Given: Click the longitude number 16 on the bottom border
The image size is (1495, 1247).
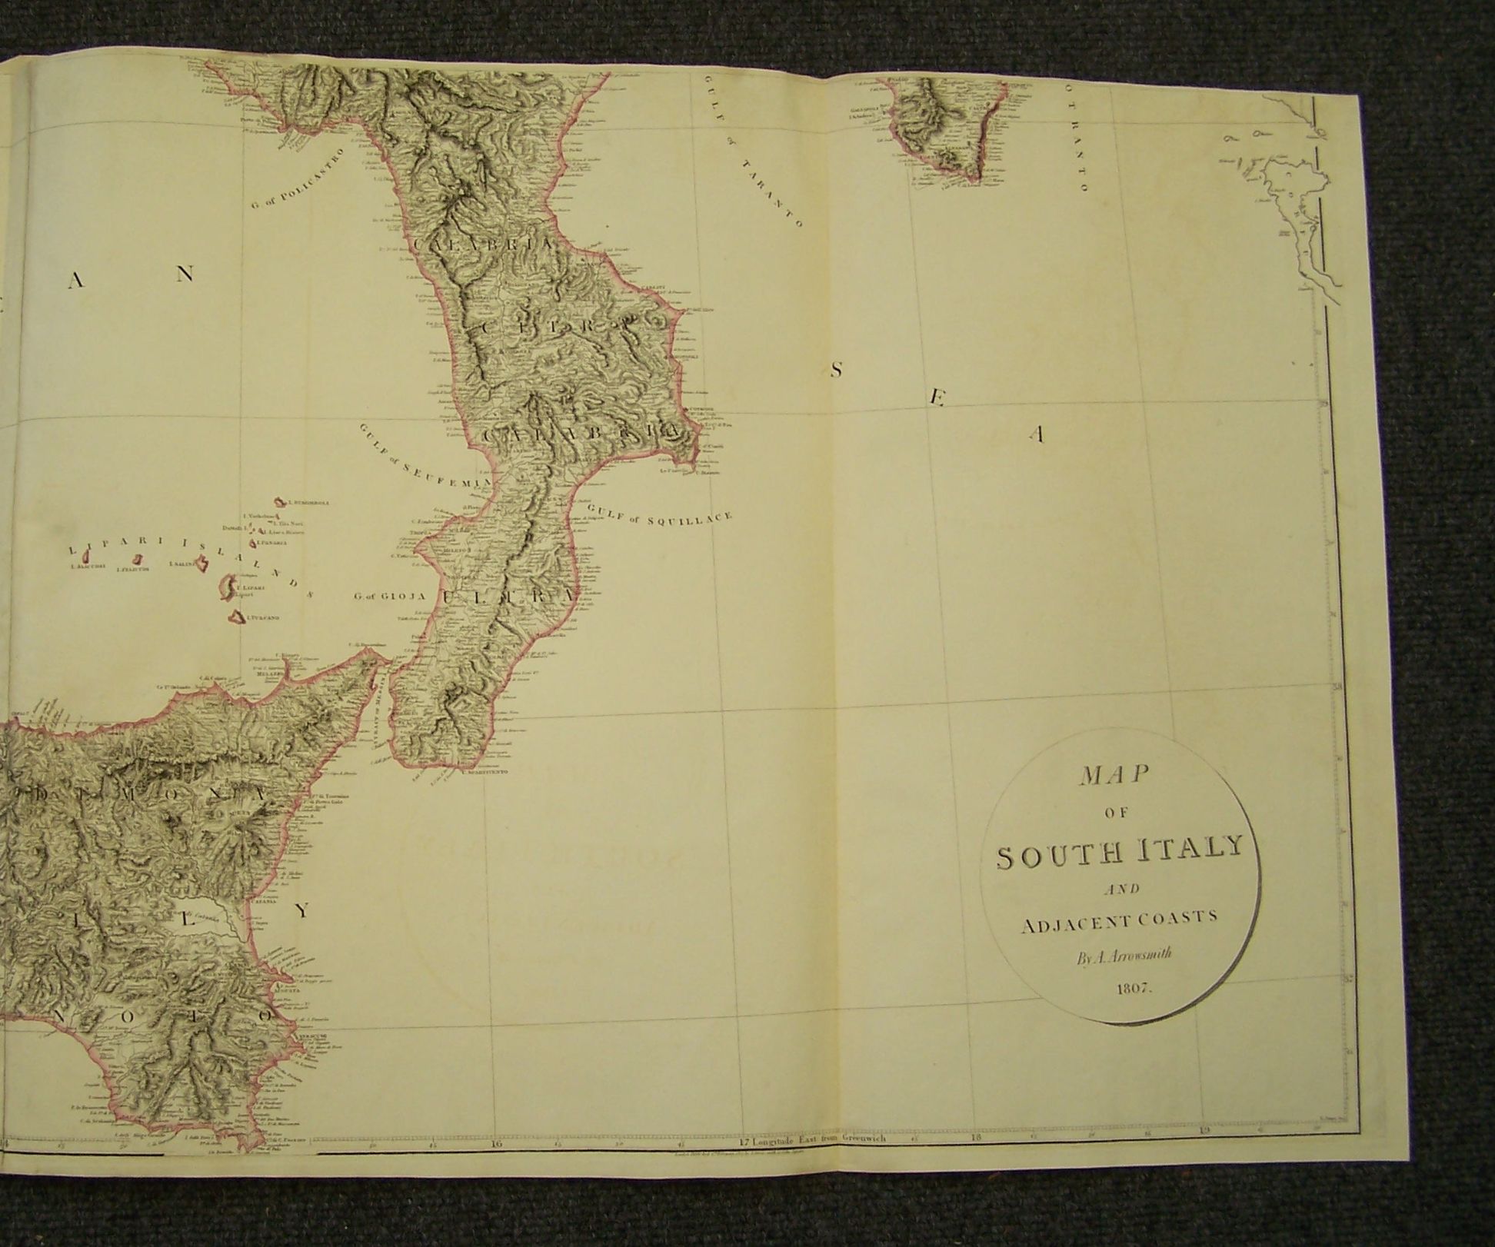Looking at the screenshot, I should pyautogui.click(x=495, y=1166).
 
